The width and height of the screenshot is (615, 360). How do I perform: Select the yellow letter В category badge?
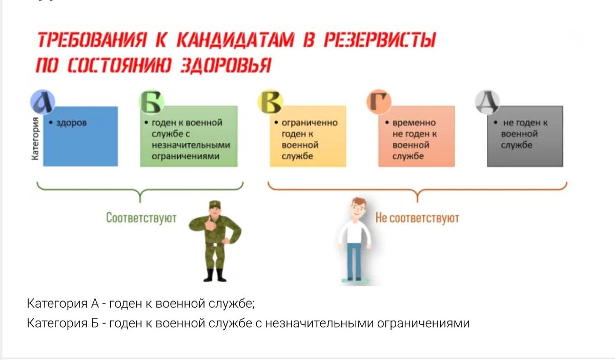click(270, 102)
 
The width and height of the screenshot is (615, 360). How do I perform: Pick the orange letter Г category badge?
click(379, 102)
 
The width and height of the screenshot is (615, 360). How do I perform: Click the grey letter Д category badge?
click(487, 102)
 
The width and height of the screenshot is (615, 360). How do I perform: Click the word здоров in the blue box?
click(71, 123)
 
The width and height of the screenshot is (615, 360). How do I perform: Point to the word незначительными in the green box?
click(191, 145)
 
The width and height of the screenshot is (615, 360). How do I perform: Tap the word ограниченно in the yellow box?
click(310, 123)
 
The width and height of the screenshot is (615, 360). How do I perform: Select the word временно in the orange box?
click(414, 123)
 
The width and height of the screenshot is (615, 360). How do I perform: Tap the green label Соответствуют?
click(141, 218)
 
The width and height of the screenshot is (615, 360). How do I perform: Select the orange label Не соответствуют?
click(417, 218)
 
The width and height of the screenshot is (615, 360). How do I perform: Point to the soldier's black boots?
click(214, 275)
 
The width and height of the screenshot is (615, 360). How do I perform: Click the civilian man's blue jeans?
click(354, 261)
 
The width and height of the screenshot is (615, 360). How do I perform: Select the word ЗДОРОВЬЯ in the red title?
click(225, 66)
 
